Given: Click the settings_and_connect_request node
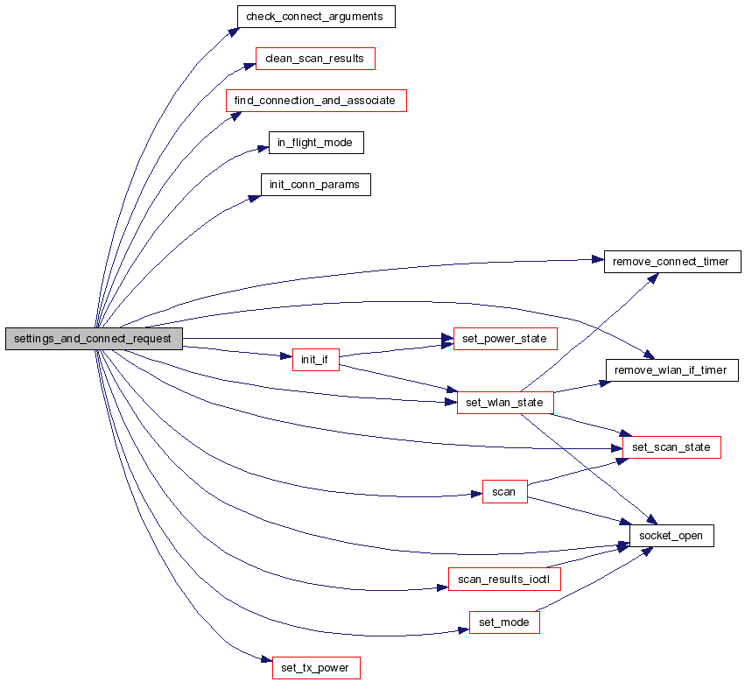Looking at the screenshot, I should click(95, 339).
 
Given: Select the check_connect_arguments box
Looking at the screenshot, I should click(316, 17).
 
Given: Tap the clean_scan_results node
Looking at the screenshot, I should click(314, 59).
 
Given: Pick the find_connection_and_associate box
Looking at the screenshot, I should click(316, 101).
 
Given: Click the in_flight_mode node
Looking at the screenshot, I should click(315, 143).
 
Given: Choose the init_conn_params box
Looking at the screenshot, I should click(315, 185).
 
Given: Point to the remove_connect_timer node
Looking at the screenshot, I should click(672, 261).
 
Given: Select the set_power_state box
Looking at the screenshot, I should click(505, 339).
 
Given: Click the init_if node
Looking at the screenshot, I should click(315, 360).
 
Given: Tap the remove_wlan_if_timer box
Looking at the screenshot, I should click(671, 370).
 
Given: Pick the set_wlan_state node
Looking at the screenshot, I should click(505, 403).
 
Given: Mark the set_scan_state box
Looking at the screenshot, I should click(671, 447).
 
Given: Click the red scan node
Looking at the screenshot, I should click(504, 492).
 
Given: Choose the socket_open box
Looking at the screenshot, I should click(671, 535).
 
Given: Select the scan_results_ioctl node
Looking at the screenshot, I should click(504, 580).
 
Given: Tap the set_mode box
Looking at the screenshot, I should click(504, 622).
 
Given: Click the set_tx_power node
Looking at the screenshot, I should click(315, 668).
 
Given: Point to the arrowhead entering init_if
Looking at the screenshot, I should click(285, 356).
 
